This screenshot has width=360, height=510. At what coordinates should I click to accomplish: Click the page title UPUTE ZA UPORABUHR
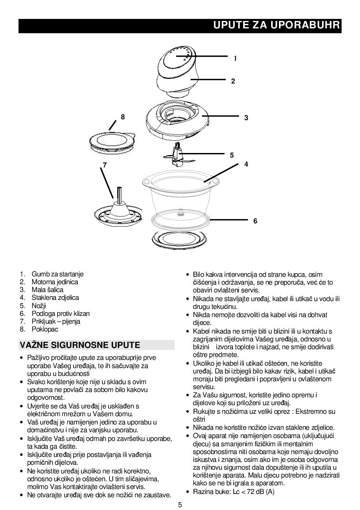[276, 25]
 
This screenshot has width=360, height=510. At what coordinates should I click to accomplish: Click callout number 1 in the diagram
[235, 58]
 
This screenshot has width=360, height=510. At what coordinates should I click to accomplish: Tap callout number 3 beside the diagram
[246, 118]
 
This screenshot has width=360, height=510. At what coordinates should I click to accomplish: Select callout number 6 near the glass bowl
[255, 221]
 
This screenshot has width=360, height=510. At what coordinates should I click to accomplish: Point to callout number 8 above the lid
[123, 117]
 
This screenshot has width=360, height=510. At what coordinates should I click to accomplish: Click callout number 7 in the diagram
[105, 165]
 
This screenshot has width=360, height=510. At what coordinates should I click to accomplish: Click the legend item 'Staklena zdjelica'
[55, 297]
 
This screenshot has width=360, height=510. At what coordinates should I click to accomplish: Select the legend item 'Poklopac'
[45, 329]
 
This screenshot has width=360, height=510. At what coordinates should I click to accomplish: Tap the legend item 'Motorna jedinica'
[55, 282]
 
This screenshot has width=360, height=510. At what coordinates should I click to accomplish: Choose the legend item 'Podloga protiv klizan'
[60, 313]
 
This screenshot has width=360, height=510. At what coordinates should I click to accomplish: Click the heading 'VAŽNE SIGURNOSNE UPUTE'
[80, 345]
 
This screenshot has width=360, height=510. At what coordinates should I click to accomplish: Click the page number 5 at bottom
[180, 505]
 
